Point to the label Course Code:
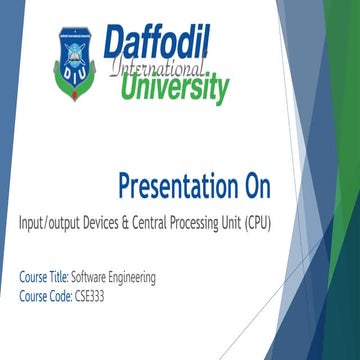[45, 295]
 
